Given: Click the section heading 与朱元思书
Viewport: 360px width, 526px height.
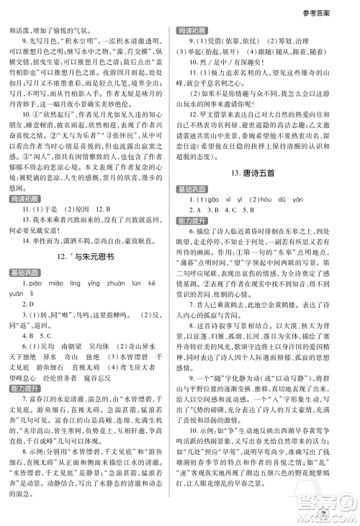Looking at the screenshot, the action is pos(95,256).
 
